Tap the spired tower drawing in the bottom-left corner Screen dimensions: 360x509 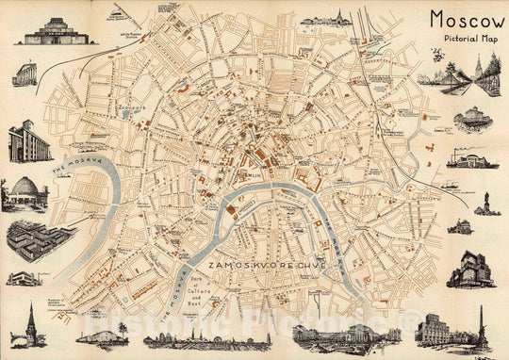click(29, 325)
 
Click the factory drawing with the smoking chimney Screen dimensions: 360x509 click(471, 158)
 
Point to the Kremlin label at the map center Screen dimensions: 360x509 click(253, 174)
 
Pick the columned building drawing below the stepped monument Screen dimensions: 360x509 click(25, 74)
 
